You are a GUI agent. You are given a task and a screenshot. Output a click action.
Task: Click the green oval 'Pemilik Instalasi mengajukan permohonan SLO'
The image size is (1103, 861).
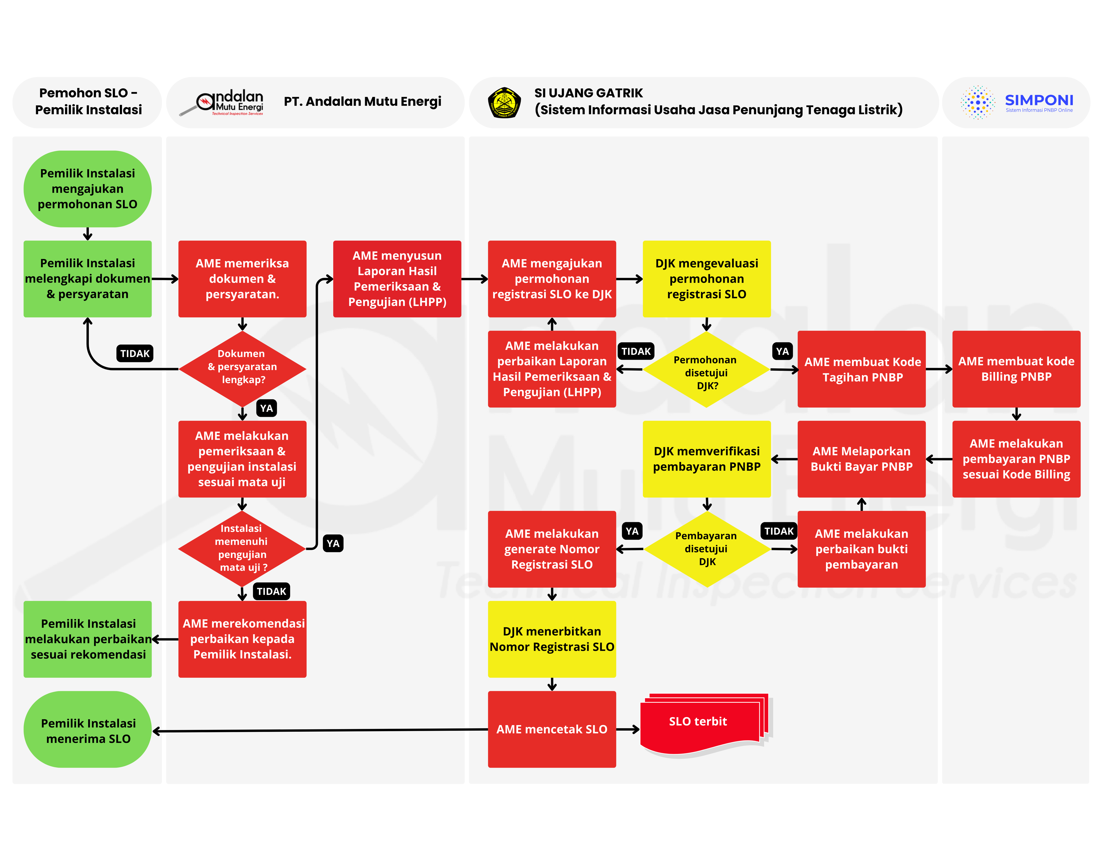coord(87,189)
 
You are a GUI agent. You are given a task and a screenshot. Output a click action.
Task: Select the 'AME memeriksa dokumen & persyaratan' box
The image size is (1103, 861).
coord(242,279)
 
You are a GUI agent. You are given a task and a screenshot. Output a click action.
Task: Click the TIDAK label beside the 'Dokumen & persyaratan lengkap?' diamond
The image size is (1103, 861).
coord(135,353)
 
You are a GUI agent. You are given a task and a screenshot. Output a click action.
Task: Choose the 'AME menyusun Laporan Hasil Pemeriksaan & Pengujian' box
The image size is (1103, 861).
coord(397,279)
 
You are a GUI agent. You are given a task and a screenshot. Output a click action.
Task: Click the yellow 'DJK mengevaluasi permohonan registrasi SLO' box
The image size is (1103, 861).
coord(706,279)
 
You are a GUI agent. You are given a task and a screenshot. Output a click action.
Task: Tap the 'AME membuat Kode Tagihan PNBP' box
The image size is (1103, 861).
coord(862,369)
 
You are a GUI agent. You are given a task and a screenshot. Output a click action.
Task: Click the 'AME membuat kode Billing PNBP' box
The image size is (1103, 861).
coord(1016,369)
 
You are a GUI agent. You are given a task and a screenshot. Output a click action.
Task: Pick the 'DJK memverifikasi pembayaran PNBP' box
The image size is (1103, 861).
coord(706,459)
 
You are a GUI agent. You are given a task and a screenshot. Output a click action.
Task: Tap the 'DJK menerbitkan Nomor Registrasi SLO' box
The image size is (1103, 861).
coord(552,639)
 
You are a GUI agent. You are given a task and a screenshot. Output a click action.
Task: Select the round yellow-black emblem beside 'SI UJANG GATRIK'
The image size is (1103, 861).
coord(504,103)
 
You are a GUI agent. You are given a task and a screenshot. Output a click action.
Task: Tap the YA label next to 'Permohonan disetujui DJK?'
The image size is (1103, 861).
coord(782,351)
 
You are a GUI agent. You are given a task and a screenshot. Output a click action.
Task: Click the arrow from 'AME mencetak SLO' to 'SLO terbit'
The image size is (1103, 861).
coord(628,729)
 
